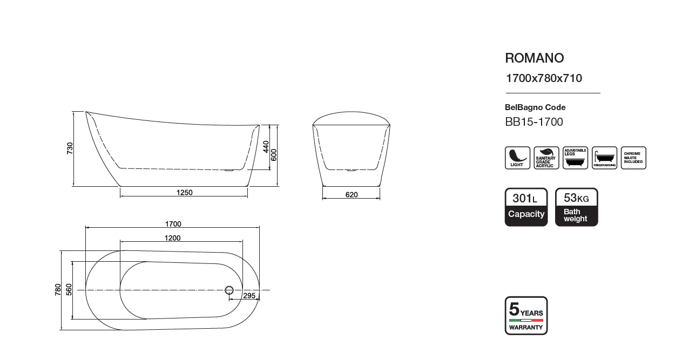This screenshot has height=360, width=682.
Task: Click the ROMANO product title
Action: (535, 58)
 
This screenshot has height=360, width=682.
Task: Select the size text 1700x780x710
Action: (544, 78)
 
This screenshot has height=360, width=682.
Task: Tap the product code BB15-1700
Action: (534, 122)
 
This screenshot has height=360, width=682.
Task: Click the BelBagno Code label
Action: (535, 107)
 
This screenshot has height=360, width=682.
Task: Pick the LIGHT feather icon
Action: (517, 158)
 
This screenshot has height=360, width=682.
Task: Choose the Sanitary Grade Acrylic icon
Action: (546, 158)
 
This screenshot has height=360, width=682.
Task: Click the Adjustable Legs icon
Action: (575, 158)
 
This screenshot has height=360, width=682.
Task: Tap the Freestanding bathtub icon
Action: (604, 158)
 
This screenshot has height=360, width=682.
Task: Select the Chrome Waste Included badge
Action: (633, 158)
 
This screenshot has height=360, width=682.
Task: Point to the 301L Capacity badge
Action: (526, 207)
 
